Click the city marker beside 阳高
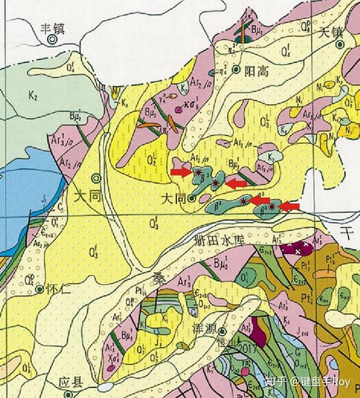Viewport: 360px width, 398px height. [237, 69]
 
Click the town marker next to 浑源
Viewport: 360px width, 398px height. [223, 331]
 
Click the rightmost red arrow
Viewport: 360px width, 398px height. [290, 207]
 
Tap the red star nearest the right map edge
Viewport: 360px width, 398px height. [272, 207]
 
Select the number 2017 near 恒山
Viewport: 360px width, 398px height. [245, 348]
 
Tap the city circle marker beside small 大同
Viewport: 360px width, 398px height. [191, 198]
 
